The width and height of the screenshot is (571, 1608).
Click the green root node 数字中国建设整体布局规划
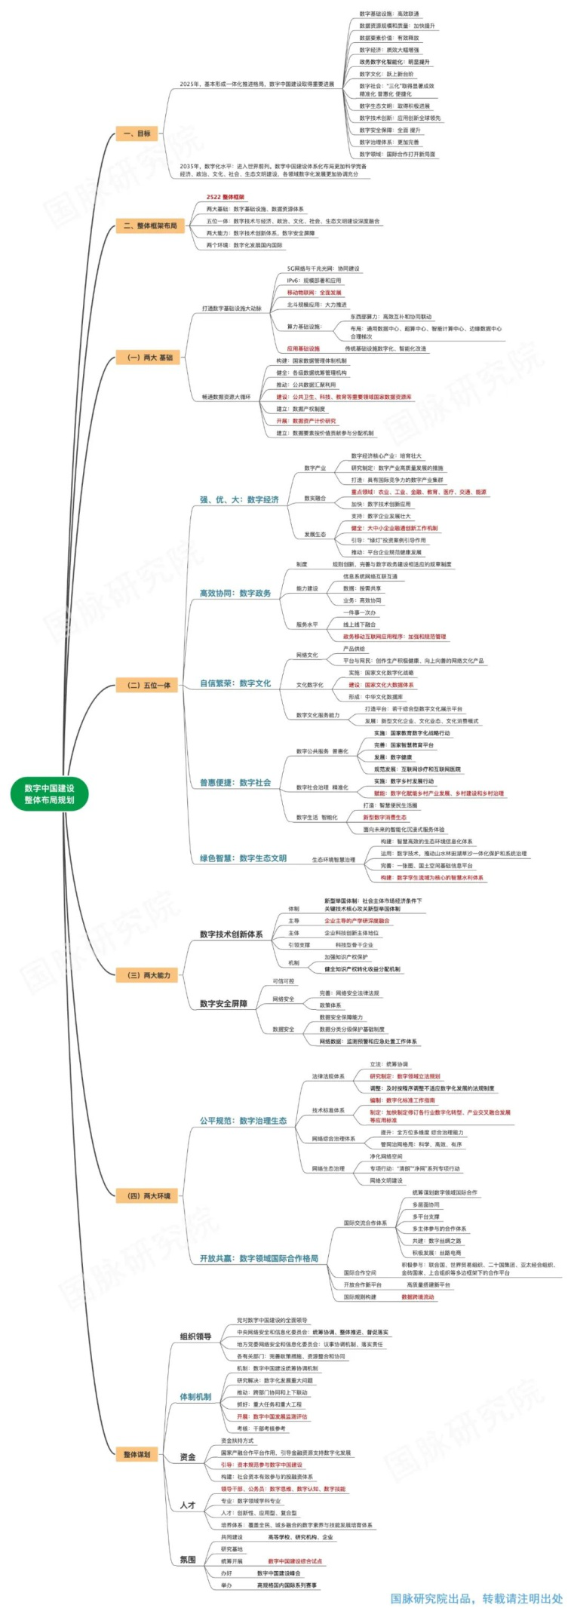49,793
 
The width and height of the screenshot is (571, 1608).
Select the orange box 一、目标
137,133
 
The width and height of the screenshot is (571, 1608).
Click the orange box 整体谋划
137,1454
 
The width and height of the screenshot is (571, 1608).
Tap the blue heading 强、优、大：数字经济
239,499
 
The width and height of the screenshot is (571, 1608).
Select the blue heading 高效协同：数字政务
235,593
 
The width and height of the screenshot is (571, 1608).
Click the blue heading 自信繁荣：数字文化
235,683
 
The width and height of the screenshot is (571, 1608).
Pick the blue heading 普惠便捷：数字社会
235,782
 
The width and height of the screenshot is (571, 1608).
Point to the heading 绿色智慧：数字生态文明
243,858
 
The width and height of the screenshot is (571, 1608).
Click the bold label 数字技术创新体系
231,934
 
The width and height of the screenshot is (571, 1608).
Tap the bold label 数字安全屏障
223,1003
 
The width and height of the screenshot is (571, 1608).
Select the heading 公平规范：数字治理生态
243,1120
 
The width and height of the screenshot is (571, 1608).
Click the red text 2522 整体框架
226,197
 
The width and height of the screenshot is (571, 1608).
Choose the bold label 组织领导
195,1336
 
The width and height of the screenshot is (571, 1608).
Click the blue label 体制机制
195,1396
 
